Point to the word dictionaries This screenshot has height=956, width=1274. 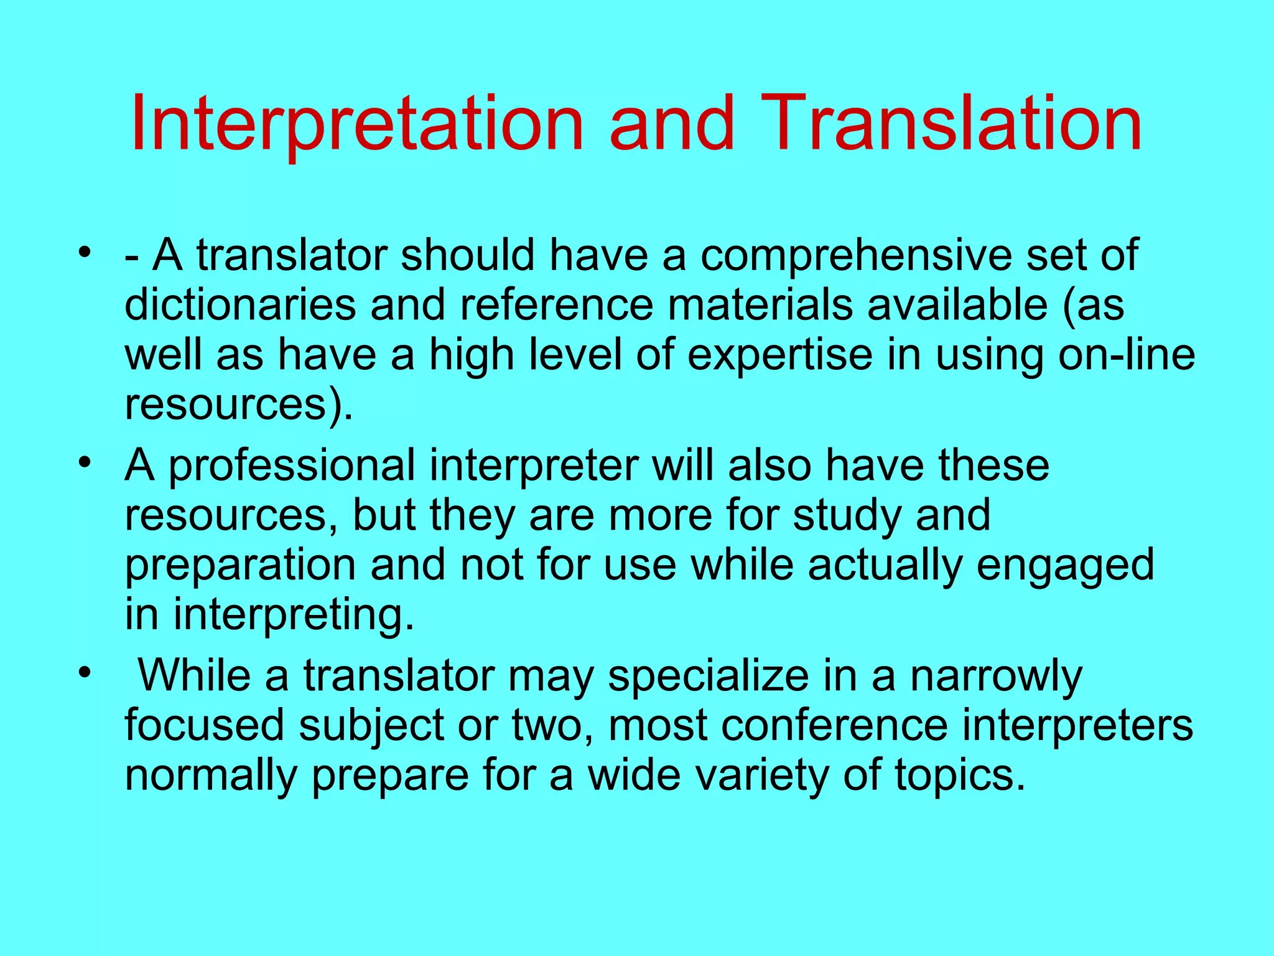pyautogui.click(x=240, y=305)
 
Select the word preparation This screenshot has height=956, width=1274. pyautogui.click(x=240, y=565)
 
